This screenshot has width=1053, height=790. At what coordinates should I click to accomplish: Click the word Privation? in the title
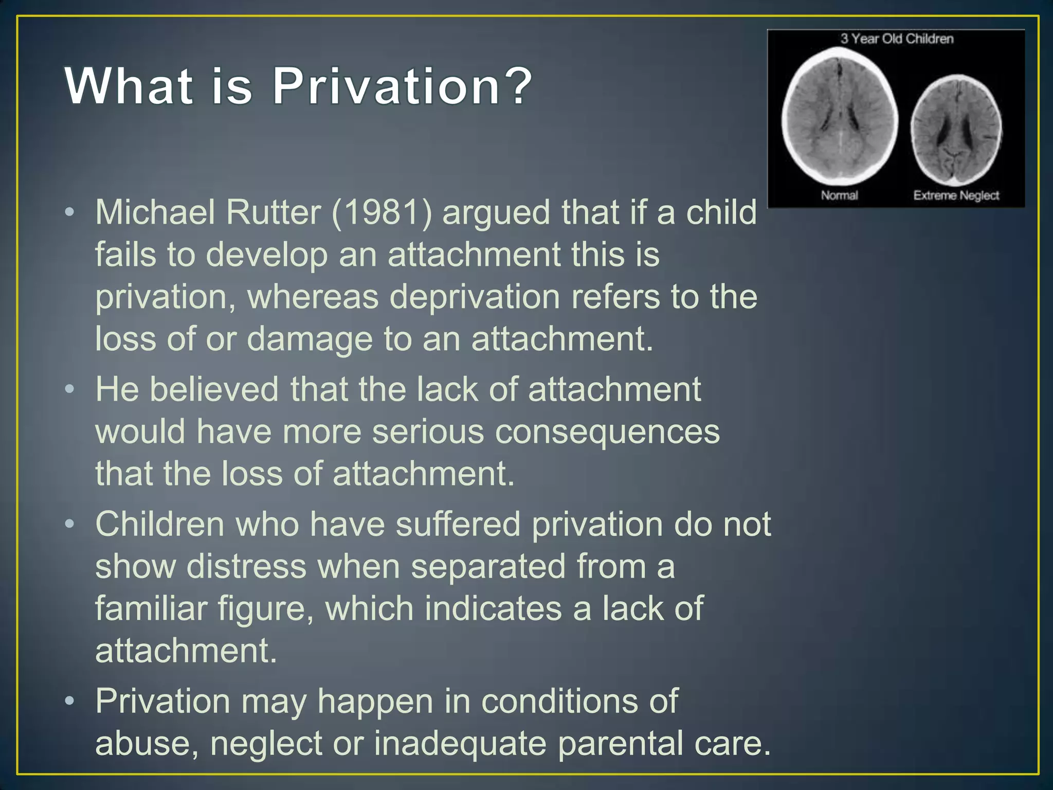[x=402, y=86]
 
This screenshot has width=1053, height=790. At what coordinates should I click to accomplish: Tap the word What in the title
[x=129, y=86]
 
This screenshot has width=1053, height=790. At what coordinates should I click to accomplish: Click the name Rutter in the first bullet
[x=273, y=212]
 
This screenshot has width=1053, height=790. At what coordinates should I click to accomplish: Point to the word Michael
[x=155, y=212]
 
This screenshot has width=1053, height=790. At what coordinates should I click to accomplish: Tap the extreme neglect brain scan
[x=956, y=130]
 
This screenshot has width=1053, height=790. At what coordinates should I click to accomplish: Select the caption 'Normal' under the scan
[x=839, y=195]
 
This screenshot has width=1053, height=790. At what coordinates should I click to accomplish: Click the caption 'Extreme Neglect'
[x=956, y=195]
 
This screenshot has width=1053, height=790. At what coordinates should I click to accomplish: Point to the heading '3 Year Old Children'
[x=897, y=39]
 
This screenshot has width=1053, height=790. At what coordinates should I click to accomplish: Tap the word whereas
[x=313, y=297]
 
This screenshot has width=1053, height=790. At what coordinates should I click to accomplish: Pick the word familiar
[x=151, y=608]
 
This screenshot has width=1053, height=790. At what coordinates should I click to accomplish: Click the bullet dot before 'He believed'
[x=70, y=389]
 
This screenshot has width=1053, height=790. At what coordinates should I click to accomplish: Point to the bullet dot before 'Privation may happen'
[x=70, y=702]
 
